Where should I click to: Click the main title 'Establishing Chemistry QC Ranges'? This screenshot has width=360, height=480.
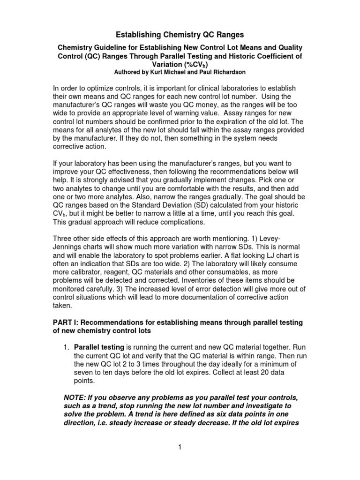(x=180, y=34)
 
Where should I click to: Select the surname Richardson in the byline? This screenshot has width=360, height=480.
(x=228, y=73)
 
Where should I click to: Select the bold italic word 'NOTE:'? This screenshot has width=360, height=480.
(x=75, y=397)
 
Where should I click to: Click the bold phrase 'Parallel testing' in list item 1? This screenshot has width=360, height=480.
(x=98, y=347)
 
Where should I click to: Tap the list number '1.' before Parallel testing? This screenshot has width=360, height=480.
(x=67, y=347)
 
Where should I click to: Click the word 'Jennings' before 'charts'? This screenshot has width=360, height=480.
(x=67, y=247)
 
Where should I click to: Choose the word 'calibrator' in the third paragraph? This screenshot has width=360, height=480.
(x=87, y=272)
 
